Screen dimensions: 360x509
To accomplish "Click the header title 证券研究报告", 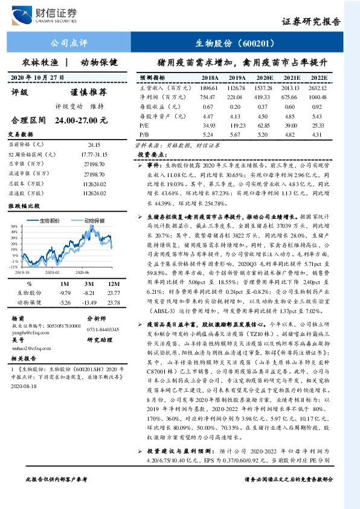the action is (311, 22).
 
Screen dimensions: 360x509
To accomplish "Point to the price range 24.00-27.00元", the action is (80, 120).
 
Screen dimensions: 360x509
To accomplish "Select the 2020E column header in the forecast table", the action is (264, 79).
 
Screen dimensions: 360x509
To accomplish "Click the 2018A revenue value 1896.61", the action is (210, 88).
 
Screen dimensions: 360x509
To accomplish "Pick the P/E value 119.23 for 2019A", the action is (237, 124).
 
